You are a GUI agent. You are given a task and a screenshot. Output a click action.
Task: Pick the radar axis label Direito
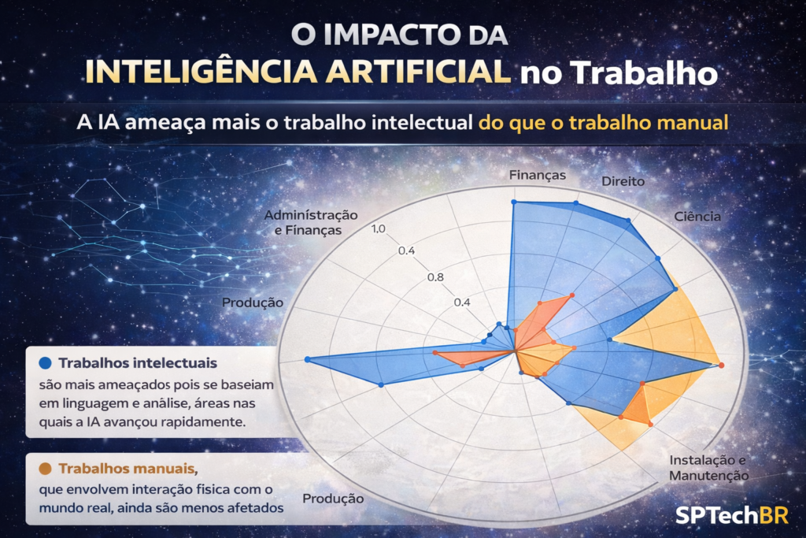pos(623,181)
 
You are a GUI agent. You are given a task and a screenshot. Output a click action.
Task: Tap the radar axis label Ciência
pos(697,216)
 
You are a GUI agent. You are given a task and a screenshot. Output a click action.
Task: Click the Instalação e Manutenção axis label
pos(708,467)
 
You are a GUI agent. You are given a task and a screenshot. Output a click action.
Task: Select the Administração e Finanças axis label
pos(310,222)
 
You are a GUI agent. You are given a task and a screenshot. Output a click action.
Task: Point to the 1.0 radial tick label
pos(378,229)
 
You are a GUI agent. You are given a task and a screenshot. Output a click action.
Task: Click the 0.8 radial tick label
pos(435,277)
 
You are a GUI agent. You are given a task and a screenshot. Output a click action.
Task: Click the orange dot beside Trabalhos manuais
pos(45,469)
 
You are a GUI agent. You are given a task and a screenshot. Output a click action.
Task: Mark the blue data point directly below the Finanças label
pos(514,202)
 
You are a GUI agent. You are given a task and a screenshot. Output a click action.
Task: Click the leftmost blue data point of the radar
pos(307,360)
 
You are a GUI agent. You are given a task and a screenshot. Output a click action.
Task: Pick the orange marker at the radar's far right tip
pos(721,365)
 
